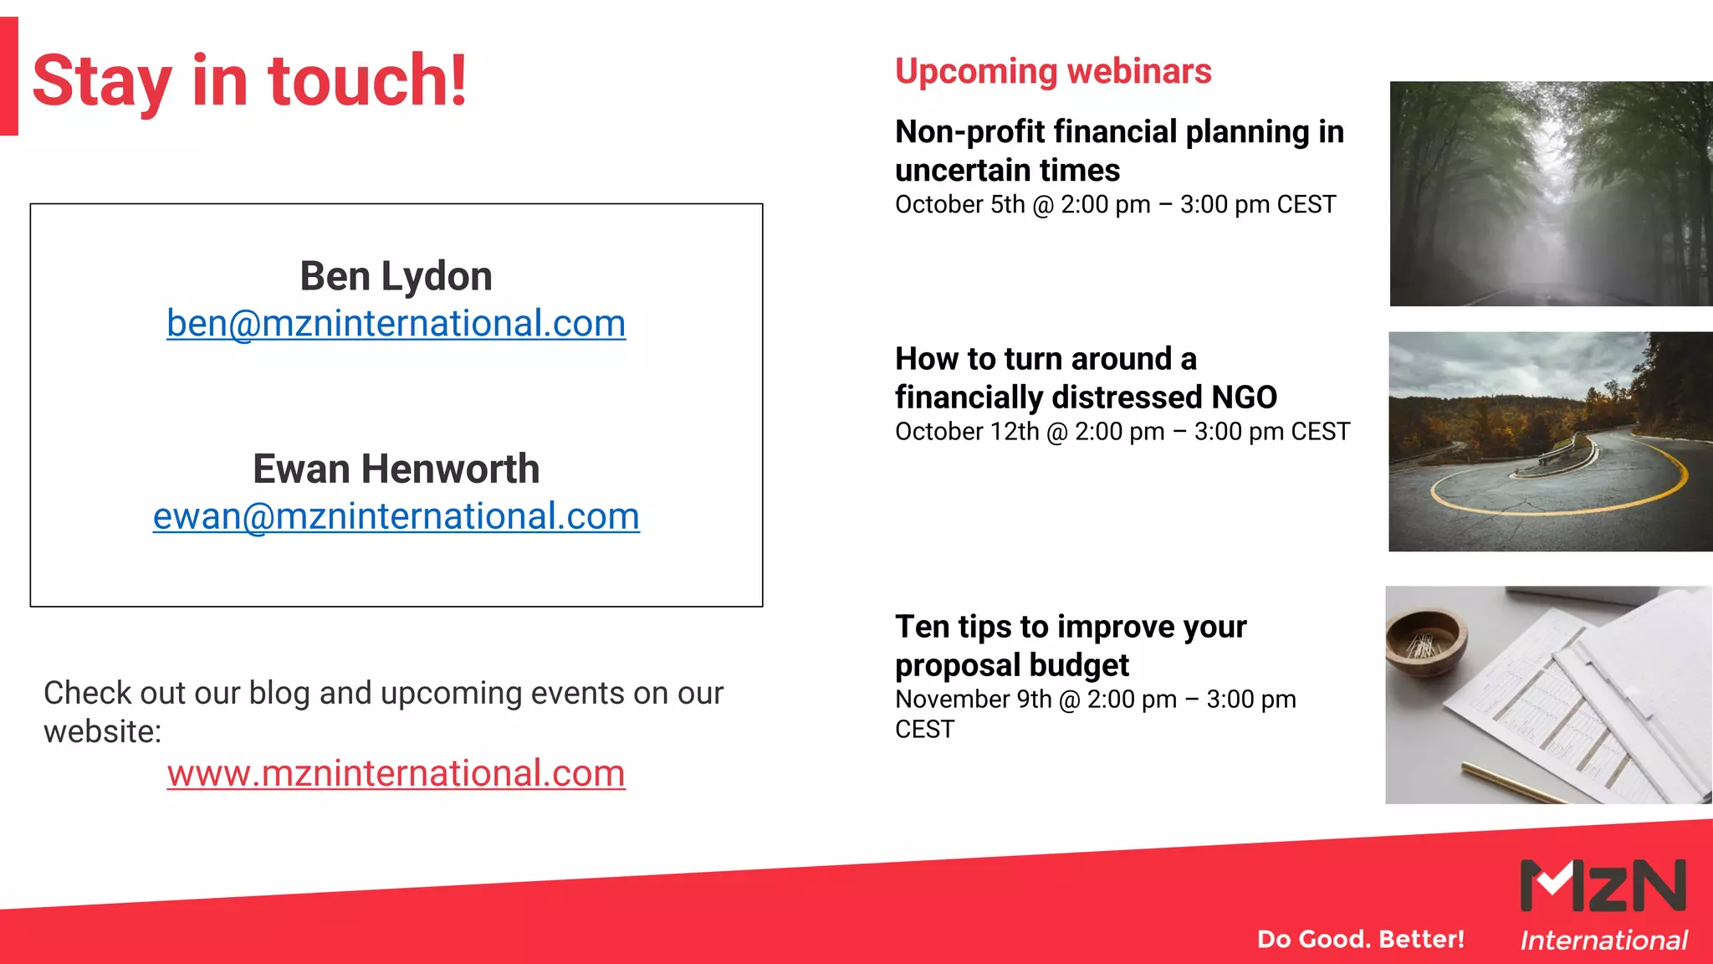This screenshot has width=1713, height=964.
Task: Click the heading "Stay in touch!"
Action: (249, 81)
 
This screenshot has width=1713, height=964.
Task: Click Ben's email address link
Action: (396, 324)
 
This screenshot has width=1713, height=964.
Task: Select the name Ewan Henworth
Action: (396, 469)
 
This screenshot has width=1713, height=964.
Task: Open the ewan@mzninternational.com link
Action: (396, 516)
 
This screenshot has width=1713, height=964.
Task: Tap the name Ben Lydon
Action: (396, 276)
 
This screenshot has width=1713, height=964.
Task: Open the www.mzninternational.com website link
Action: (396, 773)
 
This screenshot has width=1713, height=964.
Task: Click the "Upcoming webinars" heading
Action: (1053, 71)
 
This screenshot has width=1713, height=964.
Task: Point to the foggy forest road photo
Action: (1551, 193)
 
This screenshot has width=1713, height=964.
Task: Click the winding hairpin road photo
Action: (1551, 441)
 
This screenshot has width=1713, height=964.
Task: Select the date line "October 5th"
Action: (959, 205)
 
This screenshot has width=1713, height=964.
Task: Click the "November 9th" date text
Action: (973, 700)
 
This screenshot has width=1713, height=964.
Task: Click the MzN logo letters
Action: (1603, 885)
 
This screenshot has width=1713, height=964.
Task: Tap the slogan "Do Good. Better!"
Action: (1361, 939)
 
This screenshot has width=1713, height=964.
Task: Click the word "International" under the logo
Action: (1603, 941)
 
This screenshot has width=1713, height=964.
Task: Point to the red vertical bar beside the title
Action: (8, 75)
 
